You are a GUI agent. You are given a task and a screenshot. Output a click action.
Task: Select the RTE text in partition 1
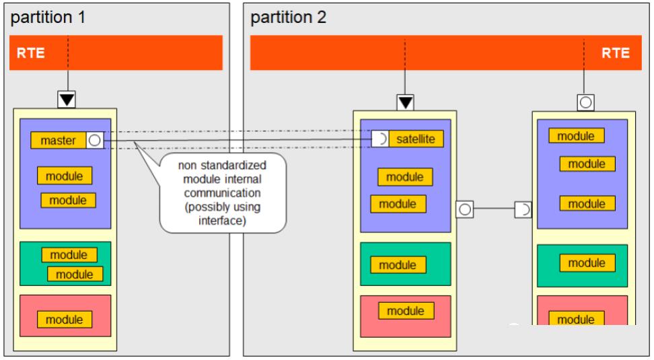coord(30,53)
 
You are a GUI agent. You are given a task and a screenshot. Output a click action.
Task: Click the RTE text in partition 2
coord(616,53)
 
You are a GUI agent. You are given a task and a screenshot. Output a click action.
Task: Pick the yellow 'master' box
coord(59,140)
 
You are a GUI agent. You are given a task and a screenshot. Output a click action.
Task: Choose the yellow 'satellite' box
coord(416,139)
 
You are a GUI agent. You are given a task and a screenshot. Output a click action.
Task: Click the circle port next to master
coord(95,140)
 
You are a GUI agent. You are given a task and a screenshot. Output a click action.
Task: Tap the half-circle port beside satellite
coord(380,139)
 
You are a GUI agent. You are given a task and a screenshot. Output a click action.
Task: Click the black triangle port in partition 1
coord(67,100)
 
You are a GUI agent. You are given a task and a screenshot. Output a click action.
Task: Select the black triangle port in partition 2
coord(406,103)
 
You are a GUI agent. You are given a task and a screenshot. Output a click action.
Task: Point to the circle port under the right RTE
coord(585,103)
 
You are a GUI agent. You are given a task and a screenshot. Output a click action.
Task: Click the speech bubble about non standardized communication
coord(223,192)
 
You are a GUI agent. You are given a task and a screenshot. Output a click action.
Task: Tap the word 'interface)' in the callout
coord(222,220)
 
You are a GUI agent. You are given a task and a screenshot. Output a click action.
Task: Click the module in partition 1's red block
coord(65,320)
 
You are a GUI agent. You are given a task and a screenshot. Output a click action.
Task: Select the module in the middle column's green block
coord(398,265)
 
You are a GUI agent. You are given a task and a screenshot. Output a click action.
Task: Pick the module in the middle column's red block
coord(406,311)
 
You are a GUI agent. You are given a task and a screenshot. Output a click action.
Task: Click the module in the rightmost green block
coord(587,263)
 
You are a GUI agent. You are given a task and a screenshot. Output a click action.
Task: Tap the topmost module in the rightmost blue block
coord(577,135)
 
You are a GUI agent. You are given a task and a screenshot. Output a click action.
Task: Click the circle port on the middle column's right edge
coord(465,209)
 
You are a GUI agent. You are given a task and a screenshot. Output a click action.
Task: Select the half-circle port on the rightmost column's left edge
coord(523,209)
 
